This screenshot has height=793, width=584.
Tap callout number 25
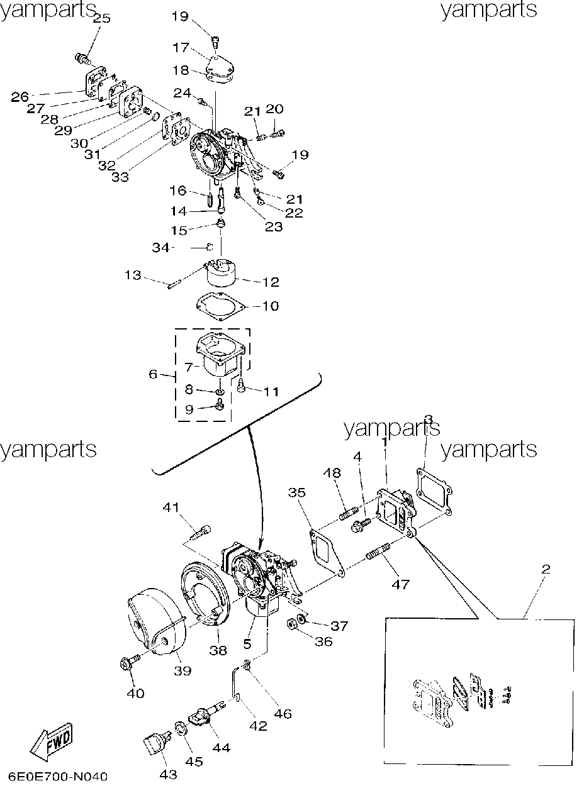tap(101, 18)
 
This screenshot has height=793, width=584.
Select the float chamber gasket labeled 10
tap(221, 307)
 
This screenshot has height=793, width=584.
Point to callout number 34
tap(161, 247)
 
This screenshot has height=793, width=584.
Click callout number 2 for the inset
tap(546, 569)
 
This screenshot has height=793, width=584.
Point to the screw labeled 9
tap(220, 404)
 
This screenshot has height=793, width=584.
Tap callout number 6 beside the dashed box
tap(153, 374)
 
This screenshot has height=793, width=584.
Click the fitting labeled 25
tap(82, 58)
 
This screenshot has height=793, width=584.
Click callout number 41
tap(171, 507)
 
